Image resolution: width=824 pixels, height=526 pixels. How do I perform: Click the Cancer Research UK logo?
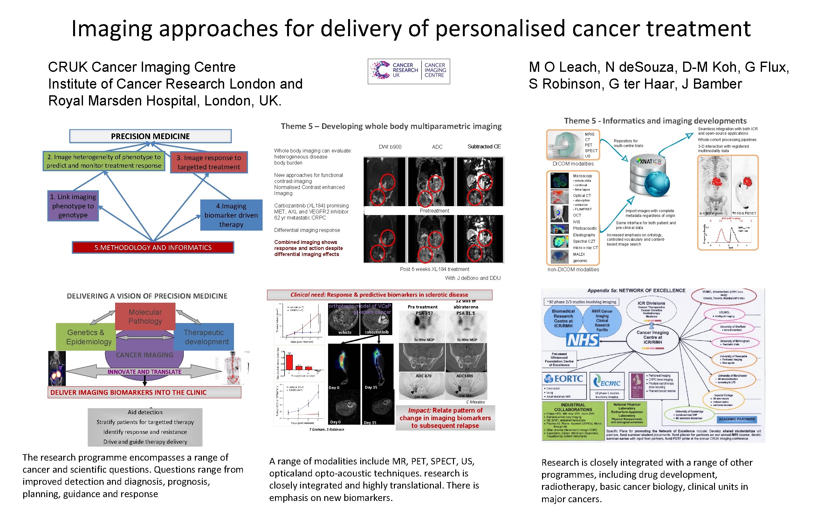pos(408,71)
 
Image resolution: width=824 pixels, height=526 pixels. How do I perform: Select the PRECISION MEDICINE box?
pos(150,136)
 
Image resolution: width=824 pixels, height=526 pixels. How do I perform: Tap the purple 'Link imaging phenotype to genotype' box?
pos(73,206)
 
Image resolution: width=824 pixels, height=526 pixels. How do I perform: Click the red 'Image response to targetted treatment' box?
pos(209,162)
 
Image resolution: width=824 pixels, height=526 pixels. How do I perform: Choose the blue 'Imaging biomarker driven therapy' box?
pos(231,215)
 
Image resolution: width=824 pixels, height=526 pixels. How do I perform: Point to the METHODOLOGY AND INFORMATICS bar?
pos(153,247)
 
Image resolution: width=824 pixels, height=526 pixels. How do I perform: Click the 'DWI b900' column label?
pos(390,147)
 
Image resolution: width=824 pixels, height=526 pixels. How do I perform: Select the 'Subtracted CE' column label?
pos(484,146)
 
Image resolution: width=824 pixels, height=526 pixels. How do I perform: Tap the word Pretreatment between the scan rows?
pos(434,211)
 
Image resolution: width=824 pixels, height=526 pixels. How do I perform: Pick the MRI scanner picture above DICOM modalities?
pos(566,145)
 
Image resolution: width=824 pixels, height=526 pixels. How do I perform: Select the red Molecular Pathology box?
pos(145,316)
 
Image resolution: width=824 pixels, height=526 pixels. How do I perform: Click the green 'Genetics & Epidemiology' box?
pos(86,337)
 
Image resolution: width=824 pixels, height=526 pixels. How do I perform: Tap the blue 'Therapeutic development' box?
pos(204,337)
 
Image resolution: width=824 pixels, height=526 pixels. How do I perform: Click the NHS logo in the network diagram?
pos(582,340)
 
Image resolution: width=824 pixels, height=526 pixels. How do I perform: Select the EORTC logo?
pos(564,379)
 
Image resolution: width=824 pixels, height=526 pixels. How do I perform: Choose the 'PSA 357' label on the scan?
pos(424,313)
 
